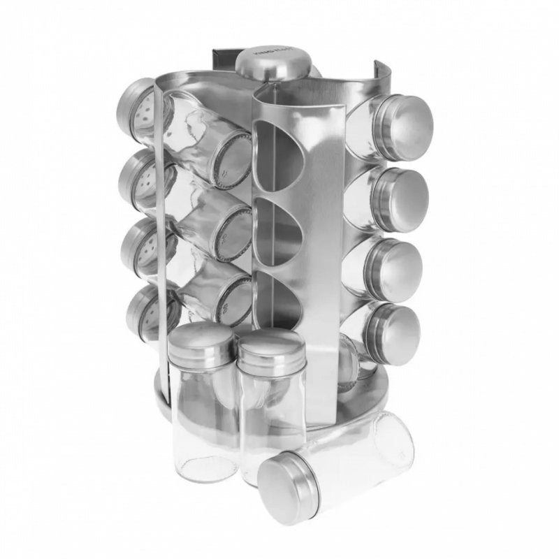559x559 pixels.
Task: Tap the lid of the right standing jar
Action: point(271,348)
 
